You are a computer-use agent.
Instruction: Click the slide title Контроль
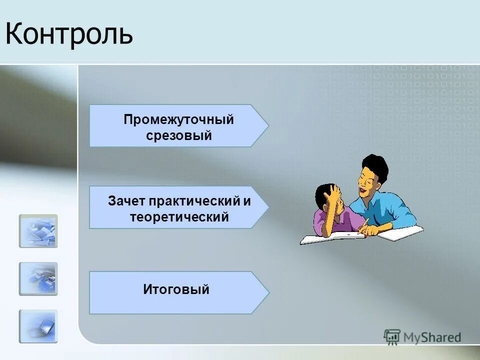click(69, 34)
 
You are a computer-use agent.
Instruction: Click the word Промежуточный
click(179, 120)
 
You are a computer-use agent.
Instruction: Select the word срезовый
click(179, 135)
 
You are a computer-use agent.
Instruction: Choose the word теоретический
click(179, 217)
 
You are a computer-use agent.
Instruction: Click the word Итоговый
click(176, 289)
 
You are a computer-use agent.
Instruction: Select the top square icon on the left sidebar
click(38, 231)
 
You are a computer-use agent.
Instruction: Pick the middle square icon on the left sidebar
click(38, 279)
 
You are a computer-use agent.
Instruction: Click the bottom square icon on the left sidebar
click(38, 326)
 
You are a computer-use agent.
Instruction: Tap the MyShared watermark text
click(432, 337)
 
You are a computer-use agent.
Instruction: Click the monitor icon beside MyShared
click(392, 337)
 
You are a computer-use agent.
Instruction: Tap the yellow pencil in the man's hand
click(363, 223)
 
